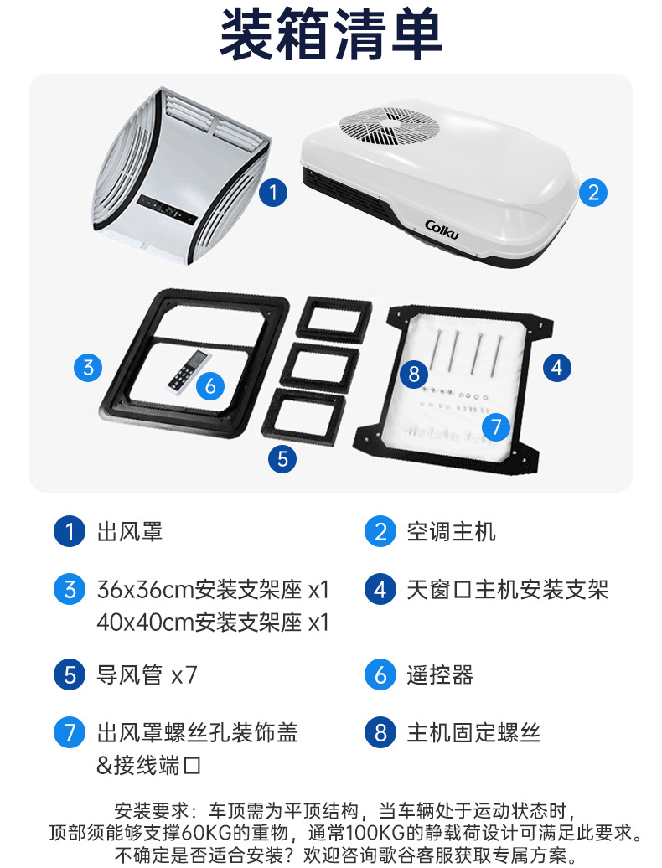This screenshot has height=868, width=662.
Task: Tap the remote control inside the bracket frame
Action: point(189,371)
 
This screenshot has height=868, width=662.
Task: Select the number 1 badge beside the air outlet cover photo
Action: point(273,193)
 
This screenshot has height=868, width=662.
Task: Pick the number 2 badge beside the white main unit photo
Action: point(593,193)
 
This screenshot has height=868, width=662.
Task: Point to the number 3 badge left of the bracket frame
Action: point(88,368)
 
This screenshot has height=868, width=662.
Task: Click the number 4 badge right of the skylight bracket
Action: point(556,368)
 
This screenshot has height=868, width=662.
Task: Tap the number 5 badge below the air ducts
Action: point(282,459)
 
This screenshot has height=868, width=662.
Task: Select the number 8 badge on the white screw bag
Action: point(414,374)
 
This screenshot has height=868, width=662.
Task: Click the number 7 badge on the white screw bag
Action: point(496,426)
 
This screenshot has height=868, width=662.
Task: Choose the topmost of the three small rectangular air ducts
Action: point(334,318)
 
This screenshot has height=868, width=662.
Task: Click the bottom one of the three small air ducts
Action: point(304,413)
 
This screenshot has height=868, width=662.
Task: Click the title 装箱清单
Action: point(331,34)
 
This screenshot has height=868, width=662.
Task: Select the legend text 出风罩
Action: point(130,531)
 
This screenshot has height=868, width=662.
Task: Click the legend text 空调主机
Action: point(451,531)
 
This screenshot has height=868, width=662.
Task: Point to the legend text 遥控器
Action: point(440,674)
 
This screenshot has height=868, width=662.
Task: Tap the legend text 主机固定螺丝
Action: point(473,732)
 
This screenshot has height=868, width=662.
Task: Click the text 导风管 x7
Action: point(147,674)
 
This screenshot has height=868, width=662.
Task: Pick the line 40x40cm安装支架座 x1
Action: point(213,623)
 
